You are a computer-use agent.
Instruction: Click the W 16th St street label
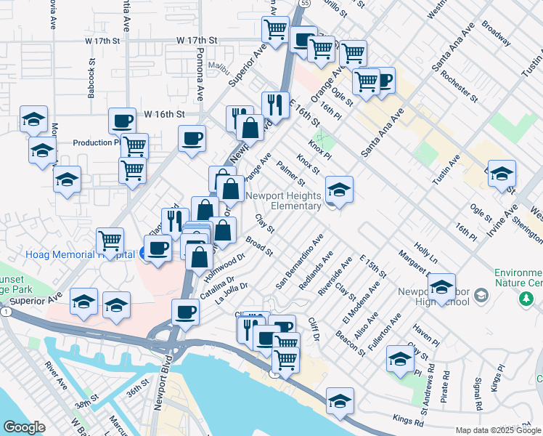tap(165, 114)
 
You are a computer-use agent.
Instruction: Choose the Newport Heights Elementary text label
tap(283, 201)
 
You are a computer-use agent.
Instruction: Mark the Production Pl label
tap(96, 142)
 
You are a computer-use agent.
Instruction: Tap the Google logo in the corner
tap(24, 427)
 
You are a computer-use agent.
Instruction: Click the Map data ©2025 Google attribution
tap(498, 430)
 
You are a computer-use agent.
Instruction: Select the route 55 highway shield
tap(308, 3)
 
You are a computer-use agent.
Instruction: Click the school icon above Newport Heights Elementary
tap(339, 189)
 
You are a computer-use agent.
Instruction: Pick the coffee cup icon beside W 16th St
tap(122, 121)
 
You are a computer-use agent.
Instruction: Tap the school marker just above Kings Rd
tap(339, 402)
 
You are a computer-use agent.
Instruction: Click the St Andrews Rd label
tap(429, 380)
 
